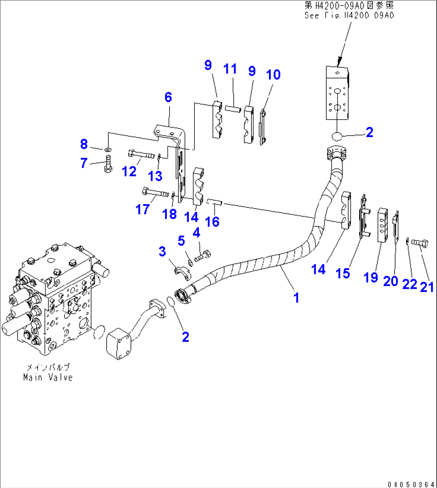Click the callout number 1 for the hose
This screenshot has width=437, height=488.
click(x=296, y=298)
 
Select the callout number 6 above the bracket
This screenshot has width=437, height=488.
click(x=168, y=97)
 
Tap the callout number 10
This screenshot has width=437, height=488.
click(x=273, y=75)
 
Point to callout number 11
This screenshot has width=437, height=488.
click(x=230, y=69)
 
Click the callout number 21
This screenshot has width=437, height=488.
click(x=427, y=287)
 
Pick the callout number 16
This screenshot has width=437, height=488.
click(x=212, y=221)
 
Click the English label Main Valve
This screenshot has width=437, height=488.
click(x=48, y=377)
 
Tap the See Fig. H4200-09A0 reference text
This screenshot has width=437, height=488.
click(x=349, y=16)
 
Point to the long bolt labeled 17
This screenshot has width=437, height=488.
click(x=154, y=193)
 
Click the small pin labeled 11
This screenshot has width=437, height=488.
click(x=232, y=108)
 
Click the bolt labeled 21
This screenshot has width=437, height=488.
click(x=421, y=242)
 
